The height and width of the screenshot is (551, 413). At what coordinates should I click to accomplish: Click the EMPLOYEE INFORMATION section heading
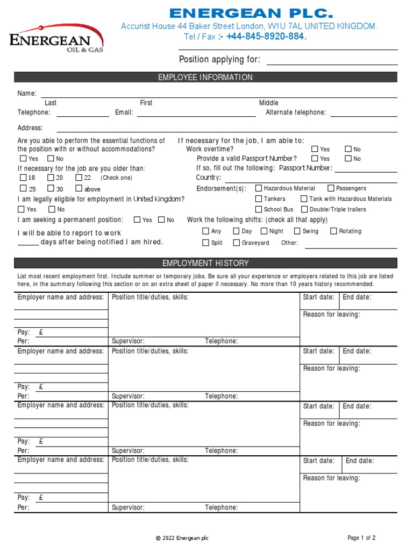(205, 77)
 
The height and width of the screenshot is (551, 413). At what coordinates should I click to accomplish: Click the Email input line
(196, 113)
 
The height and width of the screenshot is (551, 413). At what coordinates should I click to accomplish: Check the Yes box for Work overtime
(315, 149)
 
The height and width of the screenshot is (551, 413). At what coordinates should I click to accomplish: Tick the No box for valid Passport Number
(348, 159)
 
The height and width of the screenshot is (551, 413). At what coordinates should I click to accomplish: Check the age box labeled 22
(79, 178)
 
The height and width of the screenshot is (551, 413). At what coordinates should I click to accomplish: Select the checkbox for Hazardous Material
(259, 188)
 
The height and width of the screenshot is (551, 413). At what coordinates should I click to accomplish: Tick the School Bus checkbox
(259, 209)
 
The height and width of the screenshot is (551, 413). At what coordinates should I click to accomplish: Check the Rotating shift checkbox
(333, 231)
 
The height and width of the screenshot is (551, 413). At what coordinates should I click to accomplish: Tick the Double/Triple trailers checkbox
(304, 209)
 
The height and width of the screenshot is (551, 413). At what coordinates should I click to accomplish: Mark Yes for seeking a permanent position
(137, 220)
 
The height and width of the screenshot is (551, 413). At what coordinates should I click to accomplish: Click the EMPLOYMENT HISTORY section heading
(205, 263)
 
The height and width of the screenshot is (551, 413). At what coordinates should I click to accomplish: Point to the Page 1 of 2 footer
(361, 538)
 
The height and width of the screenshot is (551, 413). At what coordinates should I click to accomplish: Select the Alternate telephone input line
(364, 113)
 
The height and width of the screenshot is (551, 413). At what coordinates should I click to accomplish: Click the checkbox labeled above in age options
(79, 188)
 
